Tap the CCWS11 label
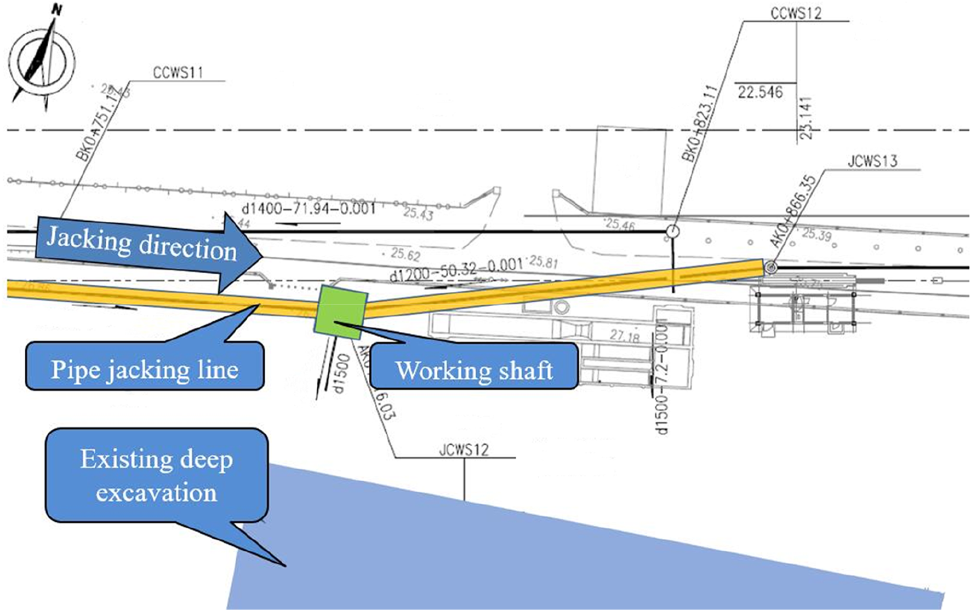(x=178, y=73)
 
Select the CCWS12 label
(x=796, y=13)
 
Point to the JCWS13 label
(x=872, y=162)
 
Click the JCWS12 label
(x=464, y=450)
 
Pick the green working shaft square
(x=341, y=310)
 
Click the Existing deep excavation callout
(x=157, y=475)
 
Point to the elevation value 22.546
(x=760, y=92)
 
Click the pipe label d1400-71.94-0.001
(x=309, y=209)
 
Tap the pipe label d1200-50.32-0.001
(x=456, y=269)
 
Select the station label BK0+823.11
(x=700, y=124)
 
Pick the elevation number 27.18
(x=624, y=335)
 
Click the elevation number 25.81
(x=544, y=262)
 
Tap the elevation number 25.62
(x=405, y=254)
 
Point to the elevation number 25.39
(x=816, y=234)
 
